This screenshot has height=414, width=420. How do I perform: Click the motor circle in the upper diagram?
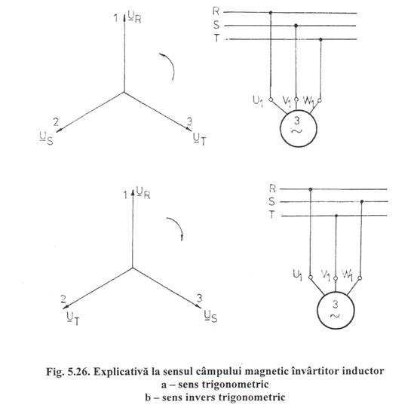[x=281, y=129]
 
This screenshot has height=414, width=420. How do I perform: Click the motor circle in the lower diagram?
[x=317, y=310]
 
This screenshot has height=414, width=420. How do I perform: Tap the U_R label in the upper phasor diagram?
[x=134, y=17]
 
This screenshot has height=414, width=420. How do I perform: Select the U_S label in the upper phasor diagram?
[x=46, y=138]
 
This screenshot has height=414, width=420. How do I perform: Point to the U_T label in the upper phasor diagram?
[x=200, y=139]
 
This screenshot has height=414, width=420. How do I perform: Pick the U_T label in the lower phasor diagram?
[x=73, y=319]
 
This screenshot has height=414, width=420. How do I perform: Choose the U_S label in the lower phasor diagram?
[x=210, y=316]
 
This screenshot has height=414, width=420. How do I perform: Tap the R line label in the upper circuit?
[x=216, y=11]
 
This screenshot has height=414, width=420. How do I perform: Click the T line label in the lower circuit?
[x=272, y=214]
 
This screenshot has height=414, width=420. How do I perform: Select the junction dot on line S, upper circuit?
[x=296, y=26]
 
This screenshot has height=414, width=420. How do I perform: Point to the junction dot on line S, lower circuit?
[x=362, y=201]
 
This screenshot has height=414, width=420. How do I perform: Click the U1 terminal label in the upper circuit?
[x=258, y=101]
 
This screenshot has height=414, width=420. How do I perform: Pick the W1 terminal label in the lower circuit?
[x=348, y=275]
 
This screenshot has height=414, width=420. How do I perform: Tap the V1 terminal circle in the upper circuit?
[x=296, y=100]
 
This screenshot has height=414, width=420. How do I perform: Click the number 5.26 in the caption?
[x=79, y=372]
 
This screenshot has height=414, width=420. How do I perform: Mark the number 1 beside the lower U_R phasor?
[x=125, y=195]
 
